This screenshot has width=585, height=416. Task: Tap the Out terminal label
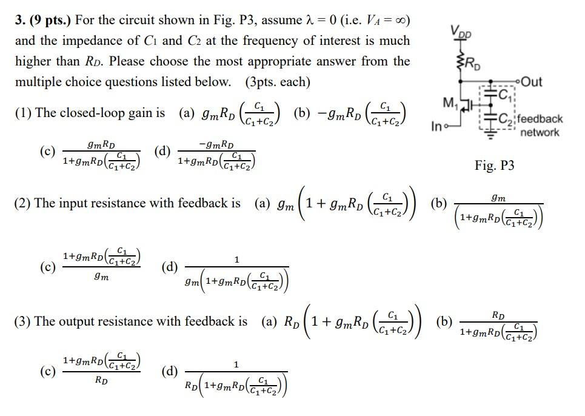pyautogui.click(x=531, y=82)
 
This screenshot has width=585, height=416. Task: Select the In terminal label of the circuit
pyautogui.click(x=438, y=127)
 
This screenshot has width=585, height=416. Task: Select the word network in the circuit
pyautogui.click(x=540, y=133)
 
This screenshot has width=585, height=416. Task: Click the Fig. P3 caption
pyautogui.click(x=494, y=166)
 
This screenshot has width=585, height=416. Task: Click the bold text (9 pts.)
pyautogui.click(x=50, y=20)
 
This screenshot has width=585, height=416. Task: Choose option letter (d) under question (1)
pyautogui.click(x=162, y=152)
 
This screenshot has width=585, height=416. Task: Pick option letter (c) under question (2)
pyautogui.click(x=47, y=266)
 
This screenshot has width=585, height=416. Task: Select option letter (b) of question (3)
pyautogui.click(x=445, y=321)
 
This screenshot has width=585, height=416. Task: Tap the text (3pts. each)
pyautogui.click(x=278, y=82)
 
